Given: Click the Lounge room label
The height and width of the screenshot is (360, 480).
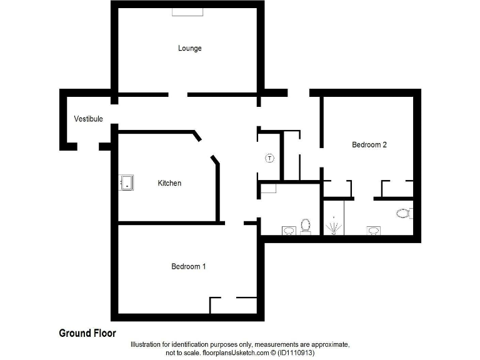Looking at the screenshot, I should [189, 48].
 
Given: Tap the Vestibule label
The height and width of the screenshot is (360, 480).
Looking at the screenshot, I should [88, 119].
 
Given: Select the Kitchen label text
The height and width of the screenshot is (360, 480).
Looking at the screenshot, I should [169, 183].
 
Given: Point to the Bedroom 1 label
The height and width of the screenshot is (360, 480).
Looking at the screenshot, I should [189, 266].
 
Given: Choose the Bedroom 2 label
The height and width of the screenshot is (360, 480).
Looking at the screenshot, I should [369, 144].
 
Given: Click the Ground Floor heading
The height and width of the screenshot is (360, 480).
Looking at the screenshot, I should [87, 333].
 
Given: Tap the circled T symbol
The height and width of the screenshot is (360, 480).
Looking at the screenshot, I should [270, 157].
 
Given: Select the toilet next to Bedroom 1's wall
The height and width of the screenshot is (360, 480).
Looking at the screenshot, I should [306, 226].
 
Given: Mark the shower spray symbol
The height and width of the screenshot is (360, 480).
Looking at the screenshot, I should [334, 226].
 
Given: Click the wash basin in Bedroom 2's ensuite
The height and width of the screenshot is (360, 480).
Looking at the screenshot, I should [373, 231].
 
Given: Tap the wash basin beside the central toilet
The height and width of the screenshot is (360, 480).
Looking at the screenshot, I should [288, 231].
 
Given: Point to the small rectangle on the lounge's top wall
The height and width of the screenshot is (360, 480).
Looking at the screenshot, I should [187, 12].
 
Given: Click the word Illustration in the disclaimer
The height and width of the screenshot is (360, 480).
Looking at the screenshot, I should [147, 345].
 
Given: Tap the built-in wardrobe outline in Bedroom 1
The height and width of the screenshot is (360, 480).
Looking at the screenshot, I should [233, 305].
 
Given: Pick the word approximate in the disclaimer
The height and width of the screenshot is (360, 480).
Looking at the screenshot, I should [328, 345].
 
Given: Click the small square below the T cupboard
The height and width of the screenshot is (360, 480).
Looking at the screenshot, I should [268, 189].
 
